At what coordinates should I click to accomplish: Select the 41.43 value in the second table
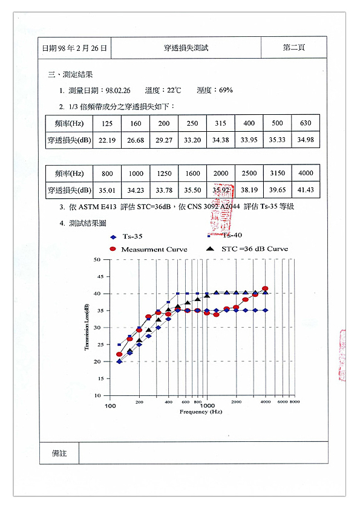[x=306, y=190]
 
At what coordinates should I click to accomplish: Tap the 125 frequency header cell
[x=107, y=123]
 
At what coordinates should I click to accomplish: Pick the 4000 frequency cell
[x=306, y=173]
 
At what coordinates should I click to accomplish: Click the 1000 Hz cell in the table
[x=136, y=173]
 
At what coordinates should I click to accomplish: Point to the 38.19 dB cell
[x=249, y=190]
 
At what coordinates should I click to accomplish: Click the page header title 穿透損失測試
[x=186, y=48]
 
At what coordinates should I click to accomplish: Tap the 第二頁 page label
[x=293, y=48]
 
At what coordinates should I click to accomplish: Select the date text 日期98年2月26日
[x=75, y=48]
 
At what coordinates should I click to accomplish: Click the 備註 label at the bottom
[x=59, y=452]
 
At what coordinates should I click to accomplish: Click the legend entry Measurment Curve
[x=154, y=249]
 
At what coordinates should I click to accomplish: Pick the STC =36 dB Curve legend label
[x=254, y=248]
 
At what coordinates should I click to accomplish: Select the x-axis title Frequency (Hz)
[x=201, y=411]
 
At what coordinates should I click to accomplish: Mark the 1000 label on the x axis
[x=208, y=404]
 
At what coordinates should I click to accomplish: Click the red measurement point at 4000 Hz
[x=265, y=289]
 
